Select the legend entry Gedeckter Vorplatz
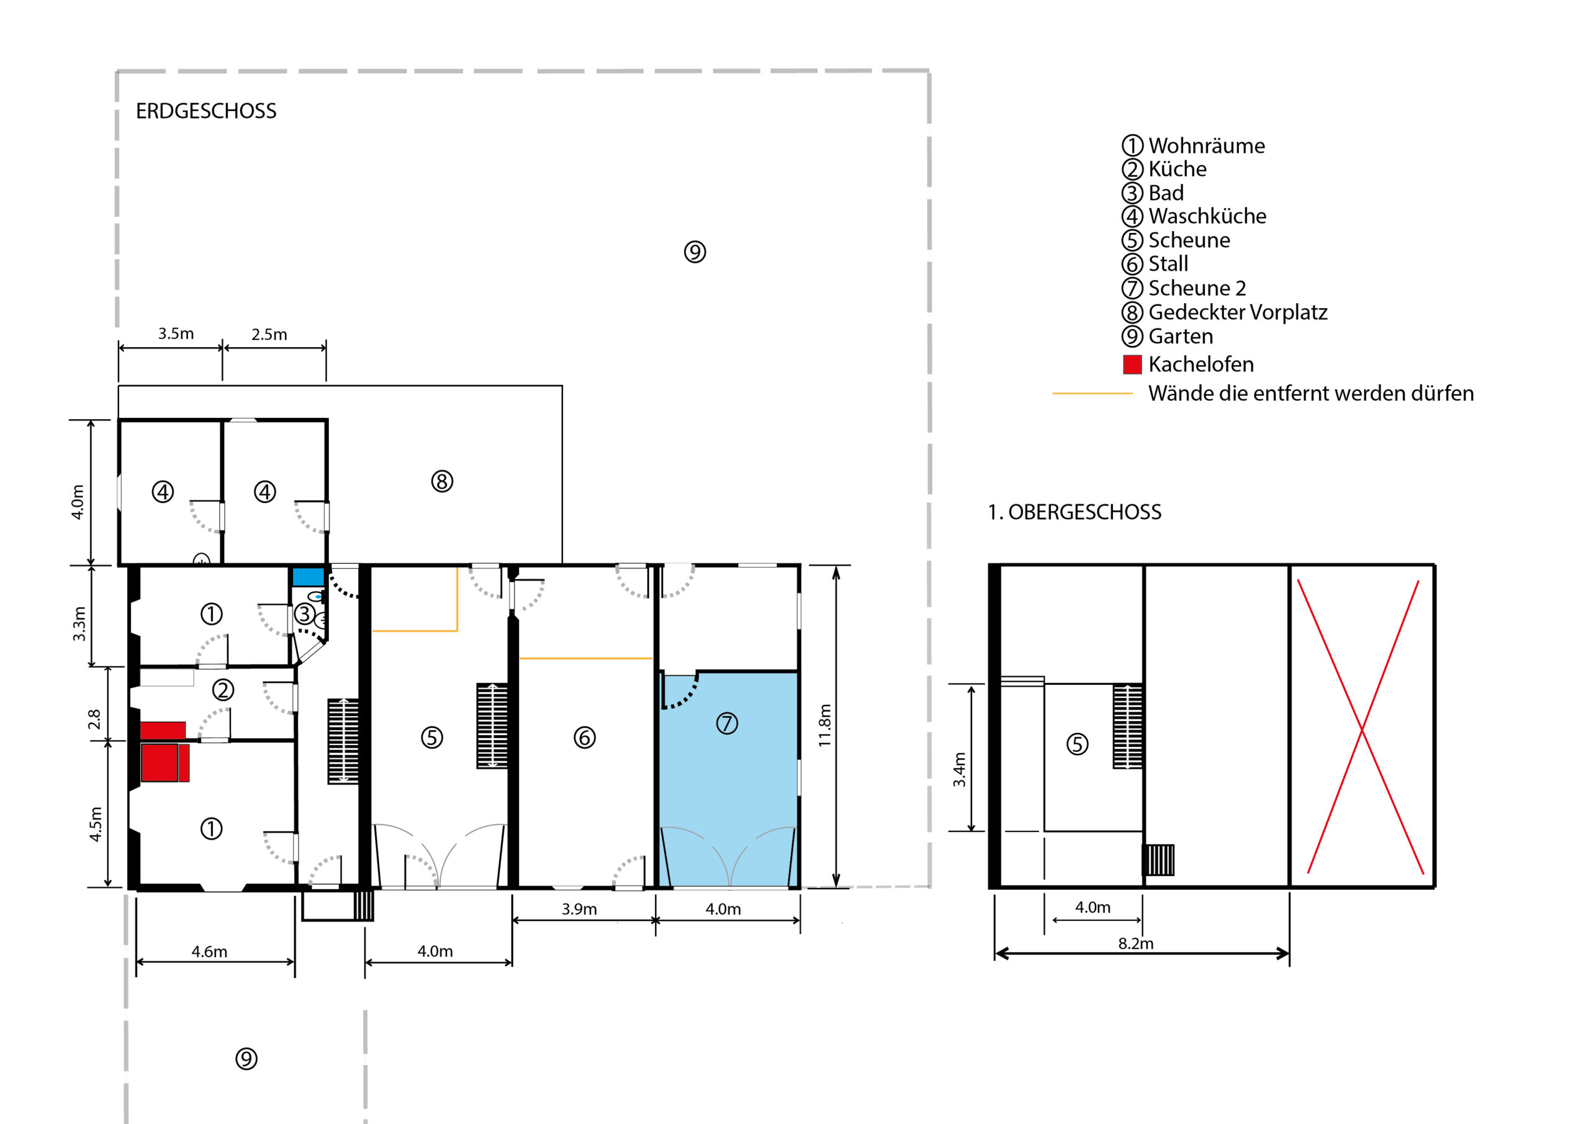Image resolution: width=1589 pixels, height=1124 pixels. (1238, 312)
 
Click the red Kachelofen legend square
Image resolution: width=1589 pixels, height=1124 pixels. (1132, 365)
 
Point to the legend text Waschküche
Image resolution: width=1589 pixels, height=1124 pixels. (1207, 216)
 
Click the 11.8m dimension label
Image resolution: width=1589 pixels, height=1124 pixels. (824, 725)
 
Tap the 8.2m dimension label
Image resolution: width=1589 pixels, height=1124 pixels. (1136, 943)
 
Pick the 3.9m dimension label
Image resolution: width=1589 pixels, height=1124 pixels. (579, 909)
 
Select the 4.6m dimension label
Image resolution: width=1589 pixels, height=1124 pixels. (209, 951)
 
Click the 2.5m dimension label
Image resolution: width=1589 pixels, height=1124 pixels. (269, 335)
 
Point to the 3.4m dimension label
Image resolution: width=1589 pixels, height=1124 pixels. (959, 769)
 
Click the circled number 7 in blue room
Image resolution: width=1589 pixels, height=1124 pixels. (727, 723)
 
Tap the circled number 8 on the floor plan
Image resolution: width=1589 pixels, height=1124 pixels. (442, 481)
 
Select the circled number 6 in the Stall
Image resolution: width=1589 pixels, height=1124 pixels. (585, 738)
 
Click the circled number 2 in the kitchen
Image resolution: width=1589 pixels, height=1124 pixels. (223, 690)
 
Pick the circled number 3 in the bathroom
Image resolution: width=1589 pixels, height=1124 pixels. (305, 614)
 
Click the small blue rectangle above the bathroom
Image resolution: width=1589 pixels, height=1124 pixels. (308, 577)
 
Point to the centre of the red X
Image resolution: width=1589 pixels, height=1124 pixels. (1362, 728)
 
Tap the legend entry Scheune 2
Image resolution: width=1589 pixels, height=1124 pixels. (1197, 288)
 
